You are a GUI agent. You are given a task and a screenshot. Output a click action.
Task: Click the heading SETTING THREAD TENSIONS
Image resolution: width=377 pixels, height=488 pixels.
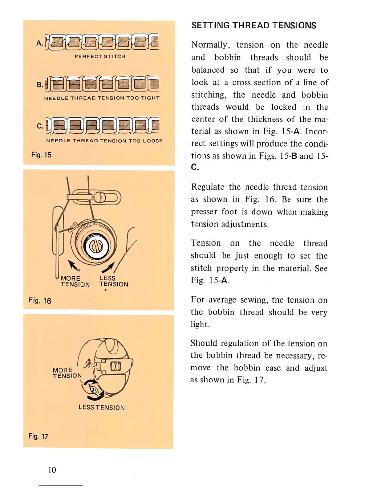click(x=253, y=25)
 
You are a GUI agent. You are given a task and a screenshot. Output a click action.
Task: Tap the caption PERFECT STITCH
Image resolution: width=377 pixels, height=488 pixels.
click(x=100, y=56)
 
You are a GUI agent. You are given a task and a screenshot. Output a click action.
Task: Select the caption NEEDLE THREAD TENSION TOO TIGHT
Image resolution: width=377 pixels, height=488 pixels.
click(x=102, y=98)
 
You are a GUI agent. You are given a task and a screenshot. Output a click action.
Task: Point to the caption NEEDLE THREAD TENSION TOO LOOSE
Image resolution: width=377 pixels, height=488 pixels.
click(x=104, y=141)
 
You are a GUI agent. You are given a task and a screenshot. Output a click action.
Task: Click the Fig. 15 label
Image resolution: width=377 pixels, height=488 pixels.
click(x=41, y=155)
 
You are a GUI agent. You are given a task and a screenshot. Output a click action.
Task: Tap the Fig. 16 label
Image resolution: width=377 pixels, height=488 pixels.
click(x=40, y=300)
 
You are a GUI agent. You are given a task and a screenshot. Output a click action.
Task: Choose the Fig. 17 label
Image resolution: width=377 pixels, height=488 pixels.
click(x=38, y=436)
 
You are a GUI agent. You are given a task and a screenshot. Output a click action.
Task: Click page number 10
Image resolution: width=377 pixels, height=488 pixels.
click(x=52, y=470)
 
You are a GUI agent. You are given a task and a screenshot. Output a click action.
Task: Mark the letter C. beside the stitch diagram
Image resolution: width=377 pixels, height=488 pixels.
click(x=40, y=126)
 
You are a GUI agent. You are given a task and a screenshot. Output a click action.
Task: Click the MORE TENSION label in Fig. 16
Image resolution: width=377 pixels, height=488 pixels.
click(x=75, y=281)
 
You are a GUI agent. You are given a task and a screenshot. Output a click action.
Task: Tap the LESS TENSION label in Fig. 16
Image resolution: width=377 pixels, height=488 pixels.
click(x=113, y=281)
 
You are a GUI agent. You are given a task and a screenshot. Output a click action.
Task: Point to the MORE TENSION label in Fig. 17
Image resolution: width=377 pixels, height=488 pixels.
click(x=67, y=373)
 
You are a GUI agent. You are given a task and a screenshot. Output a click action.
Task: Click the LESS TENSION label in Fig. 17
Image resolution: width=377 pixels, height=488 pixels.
click(x=102, y=407)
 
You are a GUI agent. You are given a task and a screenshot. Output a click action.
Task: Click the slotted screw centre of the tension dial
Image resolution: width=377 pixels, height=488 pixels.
click(x=96, y=246)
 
